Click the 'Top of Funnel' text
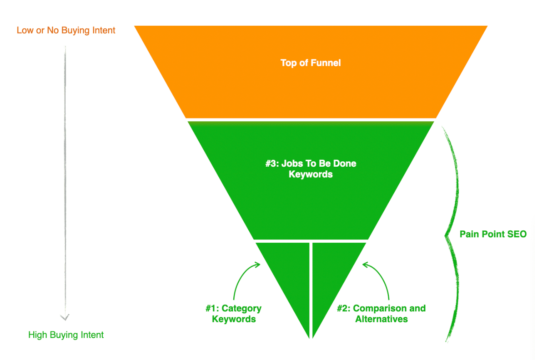coord(311,63)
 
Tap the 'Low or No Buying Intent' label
coord(66,30)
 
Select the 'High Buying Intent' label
coord(66,335)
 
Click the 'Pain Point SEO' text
coord(493,234)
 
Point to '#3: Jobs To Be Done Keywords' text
coord(311,169)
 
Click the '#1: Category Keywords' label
coord(234,314)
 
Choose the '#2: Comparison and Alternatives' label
coord(381,314)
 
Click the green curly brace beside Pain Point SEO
coord(452,234)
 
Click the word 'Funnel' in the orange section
coord(326,63)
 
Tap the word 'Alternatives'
coord(382,319)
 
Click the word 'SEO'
coord(517,234)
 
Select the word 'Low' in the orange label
coord(25,30)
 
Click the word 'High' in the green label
coord(37,335)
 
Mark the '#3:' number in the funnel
coord(272,164)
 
